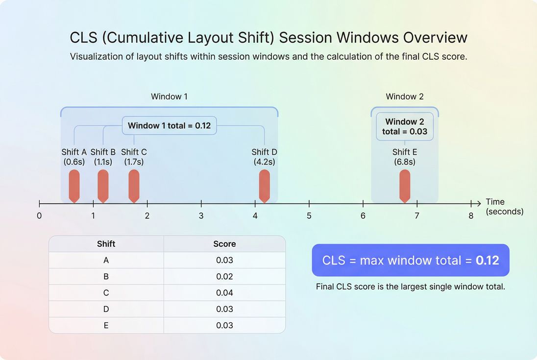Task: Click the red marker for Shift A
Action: coord(74,185)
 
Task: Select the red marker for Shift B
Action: coord(103,185)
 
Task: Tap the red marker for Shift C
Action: coord(134,185)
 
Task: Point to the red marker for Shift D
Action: coord(264,185)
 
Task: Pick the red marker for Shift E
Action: coord(405,185)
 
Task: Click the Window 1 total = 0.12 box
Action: coord(169,125)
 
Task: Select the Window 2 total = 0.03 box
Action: coord(405,126)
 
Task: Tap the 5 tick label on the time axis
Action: coord(309,216)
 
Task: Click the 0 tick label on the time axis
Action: coord(39,216)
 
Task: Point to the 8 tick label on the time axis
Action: coord(471,216)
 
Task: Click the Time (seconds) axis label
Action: coord(504,207)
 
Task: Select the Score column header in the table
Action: coord(224,244)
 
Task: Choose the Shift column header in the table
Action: coord(106,244)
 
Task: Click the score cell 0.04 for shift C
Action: coord(224,293)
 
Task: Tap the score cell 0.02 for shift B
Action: coord(224,277)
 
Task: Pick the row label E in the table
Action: coord(106,325)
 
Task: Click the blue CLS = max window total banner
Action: coord(411,260)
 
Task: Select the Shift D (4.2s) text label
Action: coord(264,157)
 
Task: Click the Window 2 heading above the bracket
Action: coord(405,96)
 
